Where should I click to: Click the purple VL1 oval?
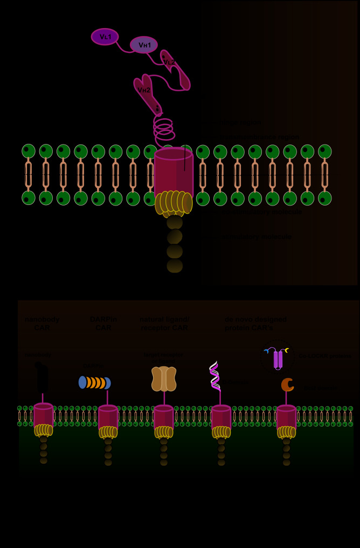pyautogui.click(x=105, y=37)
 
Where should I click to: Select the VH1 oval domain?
pyautogui.click(x=144, y=45)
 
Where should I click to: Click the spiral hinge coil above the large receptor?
pyautogui.click(x=163, y=129)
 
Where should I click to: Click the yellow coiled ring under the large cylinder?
pyautogui.click(x=174, y=203)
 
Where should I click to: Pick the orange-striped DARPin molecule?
pyautogui.click(x=95, y=382)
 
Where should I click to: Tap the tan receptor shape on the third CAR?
pyautogui.click(x=164, y=379)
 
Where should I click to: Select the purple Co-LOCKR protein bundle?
pyautogui.click(x=278, y=359)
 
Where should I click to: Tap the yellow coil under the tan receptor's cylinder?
pyautogui.click(x=164, y=432)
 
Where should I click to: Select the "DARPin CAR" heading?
pyautogui.click(x=103, y=323)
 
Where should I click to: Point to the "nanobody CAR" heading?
pyautogui.click(x=42, y=323)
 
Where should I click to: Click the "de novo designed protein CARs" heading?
pyautogui.click(x=256, y=323)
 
